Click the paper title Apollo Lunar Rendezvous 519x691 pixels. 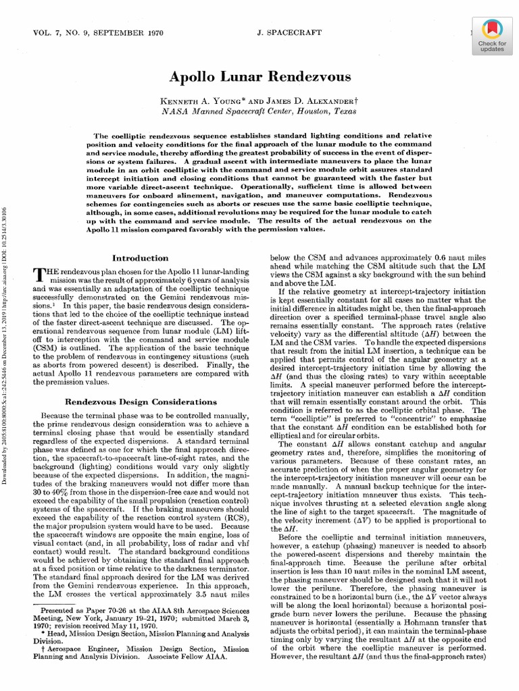(259, 76)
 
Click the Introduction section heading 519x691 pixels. (140, 258)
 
